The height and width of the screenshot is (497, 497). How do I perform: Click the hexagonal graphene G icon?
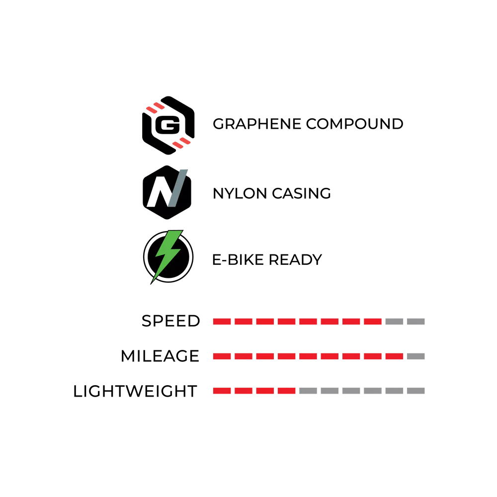point(168,125)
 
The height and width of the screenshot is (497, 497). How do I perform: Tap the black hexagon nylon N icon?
point(167,192)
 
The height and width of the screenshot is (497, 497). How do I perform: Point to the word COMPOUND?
point(355,124)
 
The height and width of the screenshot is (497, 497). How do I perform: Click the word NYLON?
point(240,193)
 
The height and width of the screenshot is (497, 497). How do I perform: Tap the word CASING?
point(302,193)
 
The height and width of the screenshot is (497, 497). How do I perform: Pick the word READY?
point(295,259)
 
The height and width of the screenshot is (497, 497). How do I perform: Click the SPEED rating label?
point(171,321)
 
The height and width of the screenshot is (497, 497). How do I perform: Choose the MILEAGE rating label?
point(160,356)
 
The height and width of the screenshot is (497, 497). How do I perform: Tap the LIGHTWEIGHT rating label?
point(135,391)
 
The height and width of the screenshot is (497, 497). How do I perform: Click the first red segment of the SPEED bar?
point(222,322)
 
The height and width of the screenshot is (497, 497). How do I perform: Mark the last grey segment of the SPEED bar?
point(416,322)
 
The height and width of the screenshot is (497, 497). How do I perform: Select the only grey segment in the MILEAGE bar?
point(416,356)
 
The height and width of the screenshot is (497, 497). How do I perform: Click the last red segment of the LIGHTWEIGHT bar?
point(287,391)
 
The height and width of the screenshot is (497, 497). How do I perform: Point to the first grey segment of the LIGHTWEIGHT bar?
point(308,391)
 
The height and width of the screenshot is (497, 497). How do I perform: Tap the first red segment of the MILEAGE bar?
point(222,356)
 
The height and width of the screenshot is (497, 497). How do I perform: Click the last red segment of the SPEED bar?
point(373,322)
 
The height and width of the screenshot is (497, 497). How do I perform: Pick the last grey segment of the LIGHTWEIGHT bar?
point(416,391)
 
